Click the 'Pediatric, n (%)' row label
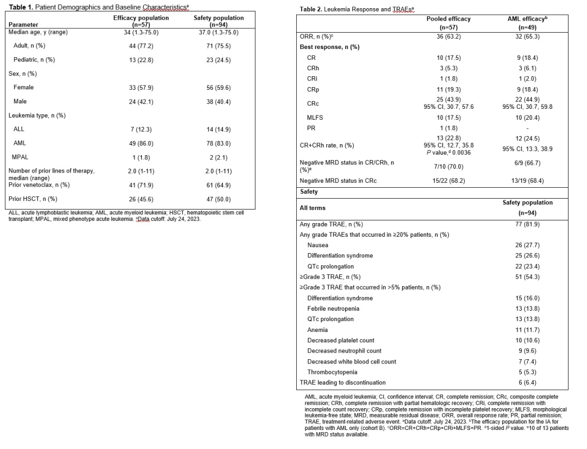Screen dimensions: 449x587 pyautogui.click(x=34, y=59)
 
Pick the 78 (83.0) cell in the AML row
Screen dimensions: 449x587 pyautogui.click(x=218, y=143)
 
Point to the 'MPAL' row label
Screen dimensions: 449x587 pyautogui.click(x=20, y=157)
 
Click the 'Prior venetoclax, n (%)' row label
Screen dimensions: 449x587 pyautogui.click(x=39, y=184)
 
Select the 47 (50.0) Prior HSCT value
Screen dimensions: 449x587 pyautogui.click(x=218, y=199)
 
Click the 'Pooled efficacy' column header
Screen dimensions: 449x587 pyautogui.click(x=448, y=19)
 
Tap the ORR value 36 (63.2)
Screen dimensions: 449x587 pyautogui.click(x=448, y=36)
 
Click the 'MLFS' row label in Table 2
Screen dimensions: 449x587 pyautogui.click(x=315, y=118)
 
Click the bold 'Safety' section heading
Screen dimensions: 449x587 pyautogui.click(x=309, y=192)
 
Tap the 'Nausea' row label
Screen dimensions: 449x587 pyautogui.click(x=317, y=245)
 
